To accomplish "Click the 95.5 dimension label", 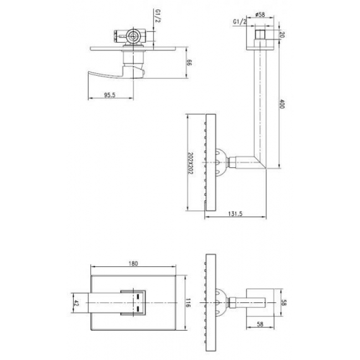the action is coord(110,95).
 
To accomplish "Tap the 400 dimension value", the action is coord(282,104).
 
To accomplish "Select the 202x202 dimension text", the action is coord(190,163).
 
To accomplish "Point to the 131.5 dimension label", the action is coord(235,214).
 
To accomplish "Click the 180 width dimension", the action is coord(133,263).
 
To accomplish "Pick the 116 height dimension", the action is coord(188,303).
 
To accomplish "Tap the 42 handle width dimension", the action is coord(76,303).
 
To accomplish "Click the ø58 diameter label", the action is coord(260,14).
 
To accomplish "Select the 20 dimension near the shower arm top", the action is coord(282,35).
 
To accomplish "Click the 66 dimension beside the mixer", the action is coord(189,63).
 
